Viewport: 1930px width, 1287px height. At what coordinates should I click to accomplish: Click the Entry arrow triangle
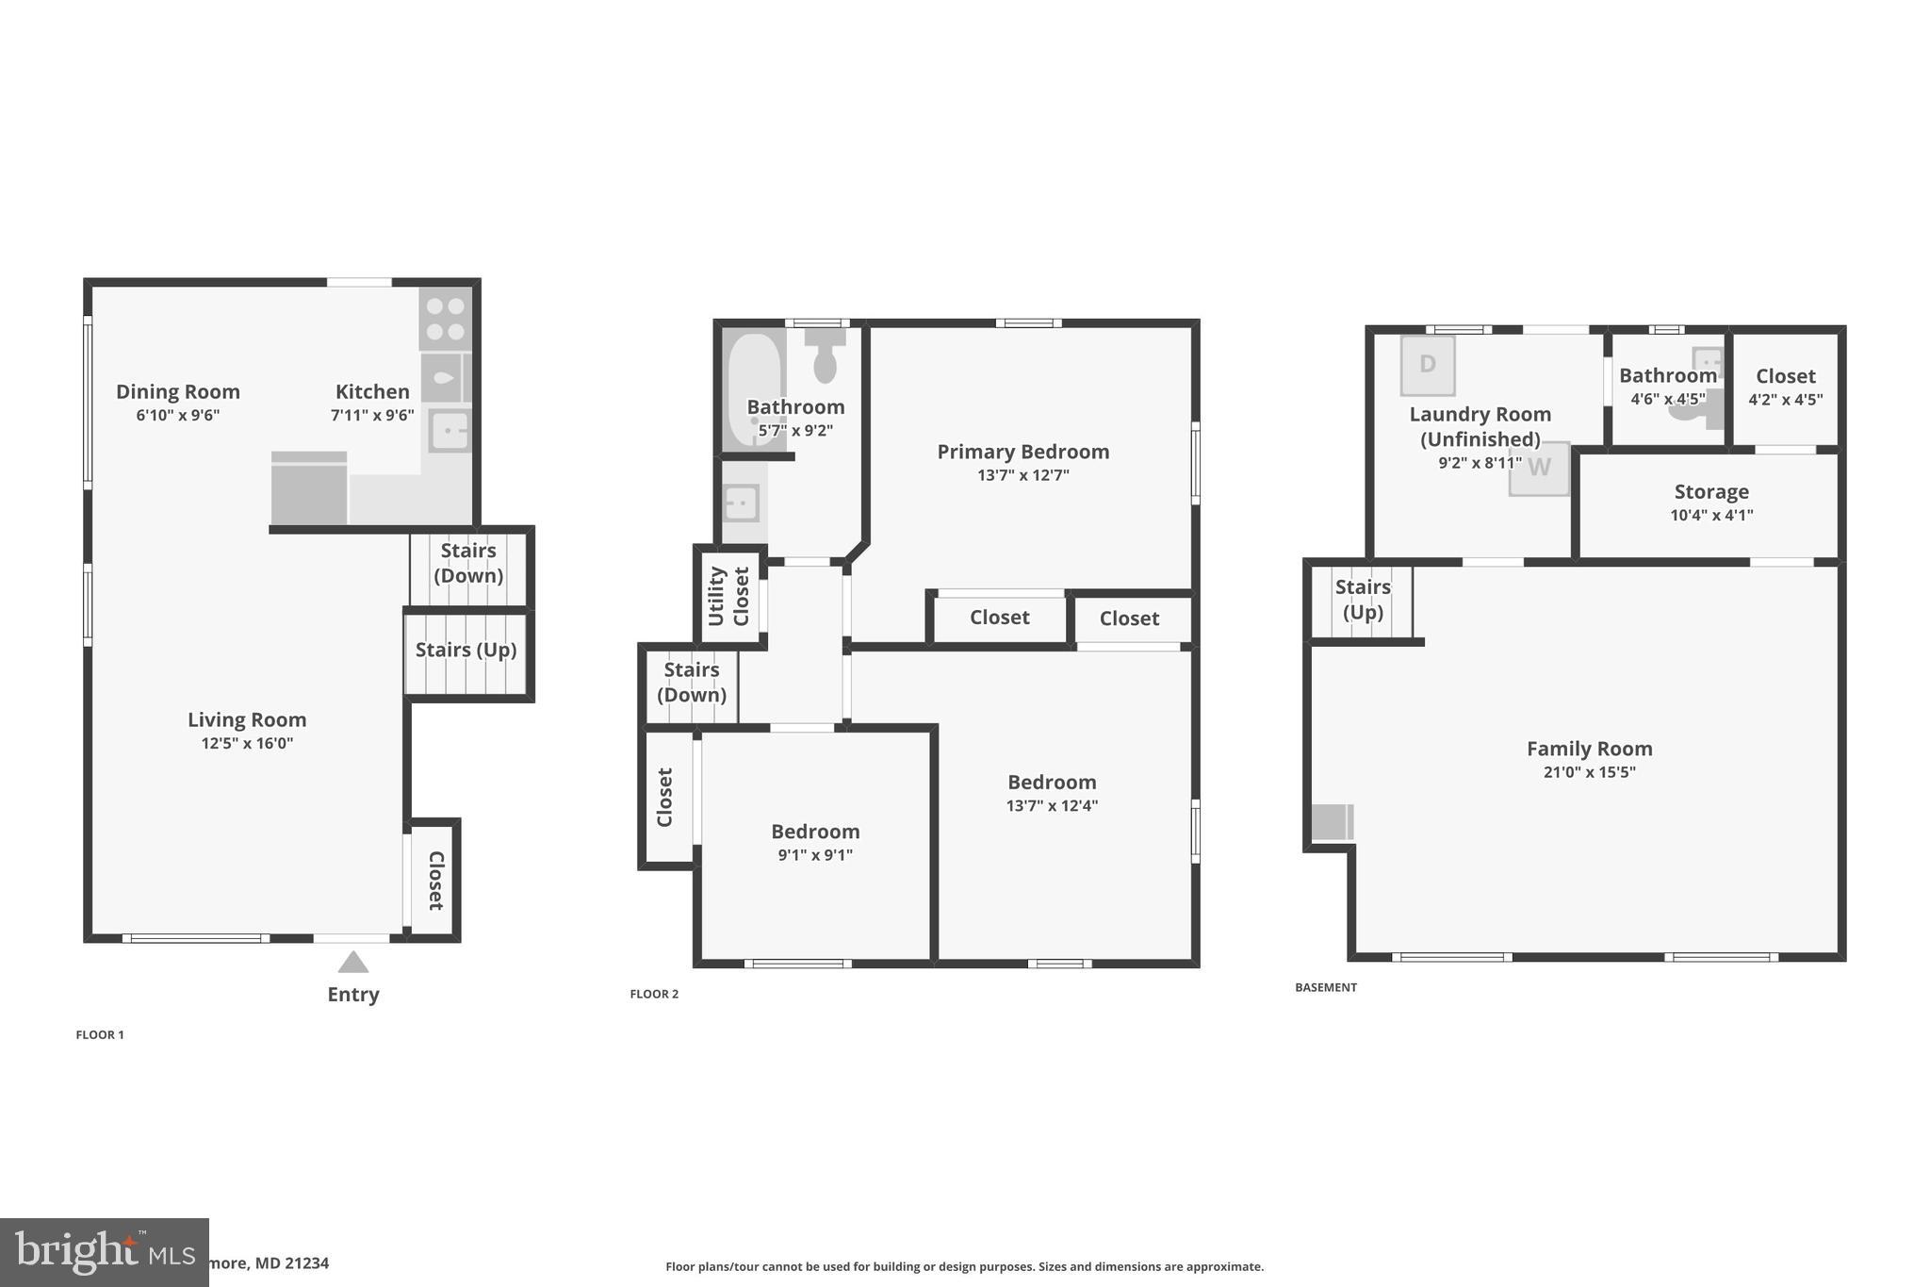point(352,962)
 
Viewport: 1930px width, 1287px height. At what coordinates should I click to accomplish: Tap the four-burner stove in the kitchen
point(445,319)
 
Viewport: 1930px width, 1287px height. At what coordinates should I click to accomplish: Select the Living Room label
point(247,719)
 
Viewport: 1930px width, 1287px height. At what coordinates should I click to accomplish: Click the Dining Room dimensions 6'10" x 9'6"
point(177,415)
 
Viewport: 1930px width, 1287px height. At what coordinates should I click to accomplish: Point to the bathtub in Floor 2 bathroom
point(754,390)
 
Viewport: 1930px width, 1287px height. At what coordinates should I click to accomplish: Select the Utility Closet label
point(728,596)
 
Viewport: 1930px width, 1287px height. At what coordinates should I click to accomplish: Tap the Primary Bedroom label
point(1022,452)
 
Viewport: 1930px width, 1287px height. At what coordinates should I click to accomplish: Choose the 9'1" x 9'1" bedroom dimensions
point(815,855)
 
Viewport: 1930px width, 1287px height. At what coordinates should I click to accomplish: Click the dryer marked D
point(1428,364)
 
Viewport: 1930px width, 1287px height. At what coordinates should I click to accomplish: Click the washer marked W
point(1539,469)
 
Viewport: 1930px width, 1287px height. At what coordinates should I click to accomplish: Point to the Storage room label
point(1711,491)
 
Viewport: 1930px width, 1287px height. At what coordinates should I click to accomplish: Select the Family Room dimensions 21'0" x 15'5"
point(1589,772)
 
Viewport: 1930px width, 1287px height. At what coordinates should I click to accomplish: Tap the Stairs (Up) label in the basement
point(1363,600)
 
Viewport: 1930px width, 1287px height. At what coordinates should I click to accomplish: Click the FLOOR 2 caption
point(654,994)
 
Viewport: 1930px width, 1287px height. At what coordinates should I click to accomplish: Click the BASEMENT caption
point(1325,987)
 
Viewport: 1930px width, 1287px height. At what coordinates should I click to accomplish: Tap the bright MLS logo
point(104,1252)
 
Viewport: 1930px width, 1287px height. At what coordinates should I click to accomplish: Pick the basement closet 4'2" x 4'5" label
point(1785,387)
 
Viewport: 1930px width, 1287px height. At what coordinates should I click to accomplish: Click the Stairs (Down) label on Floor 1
point(468,563)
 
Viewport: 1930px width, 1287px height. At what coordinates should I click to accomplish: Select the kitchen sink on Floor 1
point(450,431)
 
